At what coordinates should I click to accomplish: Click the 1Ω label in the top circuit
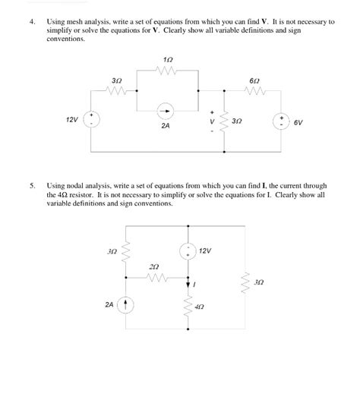point(168,60)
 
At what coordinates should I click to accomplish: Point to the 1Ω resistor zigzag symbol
point(168,71)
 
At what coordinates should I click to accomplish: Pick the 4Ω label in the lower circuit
point(200,309)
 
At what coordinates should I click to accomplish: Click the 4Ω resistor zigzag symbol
point(186,307)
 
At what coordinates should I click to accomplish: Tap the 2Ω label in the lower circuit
point(155,267)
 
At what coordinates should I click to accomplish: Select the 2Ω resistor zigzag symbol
point(155,279)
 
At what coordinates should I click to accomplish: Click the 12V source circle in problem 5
point(186,250)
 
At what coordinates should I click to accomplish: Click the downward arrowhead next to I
point(186,285)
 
